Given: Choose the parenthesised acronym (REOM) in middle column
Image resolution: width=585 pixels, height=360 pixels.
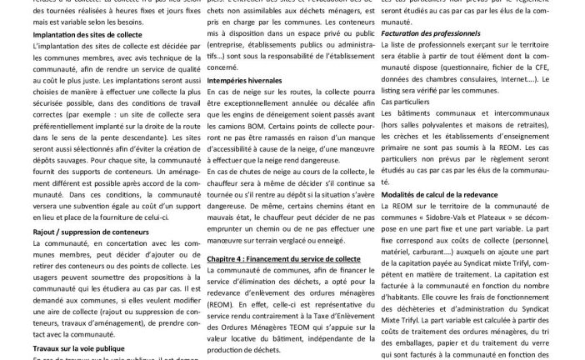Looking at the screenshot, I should click(x=219, y=303).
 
